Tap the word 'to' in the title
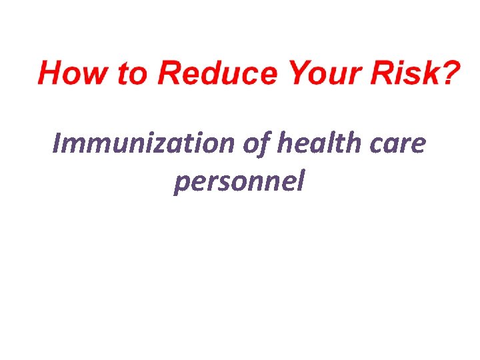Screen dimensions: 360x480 point(131,73)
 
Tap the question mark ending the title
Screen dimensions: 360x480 point(449,73)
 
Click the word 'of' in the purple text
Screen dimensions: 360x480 point(253,143)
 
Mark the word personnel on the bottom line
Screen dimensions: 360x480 point(238,181)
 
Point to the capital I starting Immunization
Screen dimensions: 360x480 point(57,143)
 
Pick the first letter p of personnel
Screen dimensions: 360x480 point(180,183)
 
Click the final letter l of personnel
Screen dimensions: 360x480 point(301,180)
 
